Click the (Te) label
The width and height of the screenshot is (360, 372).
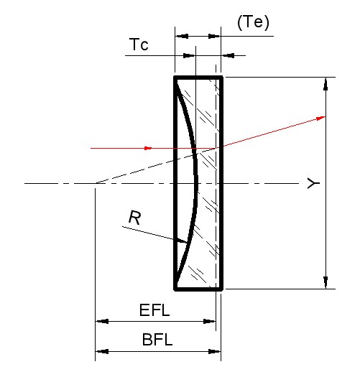click(253, 22)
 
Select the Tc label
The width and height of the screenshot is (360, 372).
click(139, 45)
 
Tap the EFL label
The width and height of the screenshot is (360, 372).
click(154, 310)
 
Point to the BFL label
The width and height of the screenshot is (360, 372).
click(157, 340)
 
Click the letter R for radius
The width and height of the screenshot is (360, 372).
click(135, 218)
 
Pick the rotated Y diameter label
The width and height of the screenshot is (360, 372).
click(313, 183)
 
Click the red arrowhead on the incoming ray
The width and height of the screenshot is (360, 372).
click(148, 148)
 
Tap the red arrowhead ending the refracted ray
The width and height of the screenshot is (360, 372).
click(320, 118)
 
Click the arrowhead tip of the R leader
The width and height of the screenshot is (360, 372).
click(186, 243)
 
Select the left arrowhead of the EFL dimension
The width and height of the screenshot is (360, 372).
click(102, 321)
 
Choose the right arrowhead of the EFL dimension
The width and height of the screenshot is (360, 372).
click(209, 321)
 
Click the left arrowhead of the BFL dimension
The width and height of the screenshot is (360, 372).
click(102, 351)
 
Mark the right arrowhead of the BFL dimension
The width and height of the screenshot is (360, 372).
click(214, 351)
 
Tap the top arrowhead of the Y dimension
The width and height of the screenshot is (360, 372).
click(326, 84)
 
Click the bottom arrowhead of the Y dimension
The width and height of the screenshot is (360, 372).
click(326, 282)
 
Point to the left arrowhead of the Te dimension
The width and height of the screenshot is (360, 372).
click(182, 36)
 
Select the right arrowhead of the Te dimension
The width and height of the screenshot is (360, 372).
click(214, 36)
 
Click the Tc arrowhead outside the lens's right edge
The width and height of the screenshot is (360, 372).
click(228, 55)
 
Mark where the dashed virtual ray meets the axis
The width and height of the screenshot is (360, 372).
click(96, 183)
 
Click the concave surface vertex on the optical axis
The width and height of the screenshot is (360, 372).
click(197, 183)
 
